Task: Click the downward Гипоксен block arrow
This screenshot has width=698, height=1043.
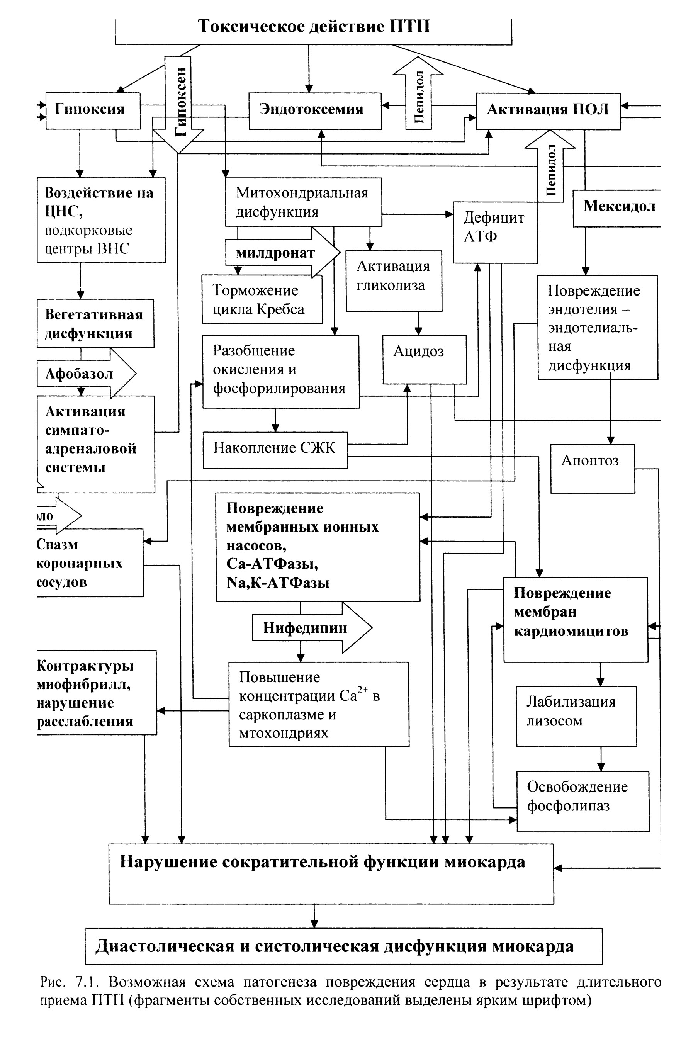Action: pyautogui.click(x=178, y=105)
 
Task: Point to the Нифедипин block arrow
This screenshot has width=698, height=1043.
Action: pyautogui.click(x=312, y=628)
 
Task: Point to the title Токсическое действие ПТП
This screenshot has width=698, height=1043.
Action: pyautogui.click(x=314, y=26)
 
